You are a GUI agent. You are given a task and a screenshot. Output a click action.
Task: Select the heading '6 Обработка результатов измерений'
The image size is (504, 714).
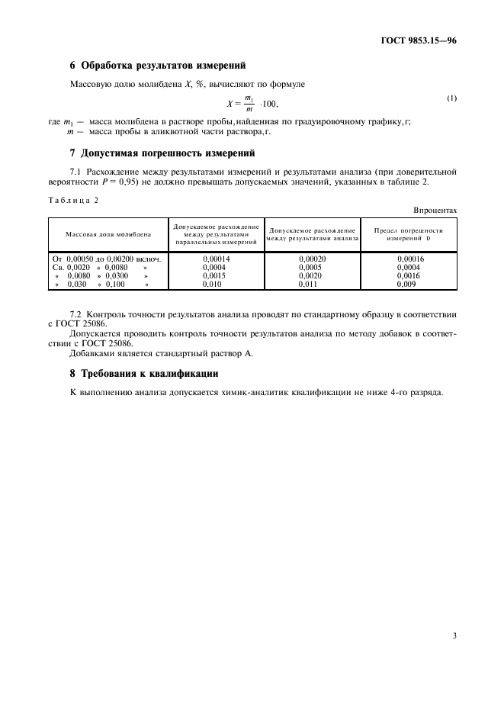coord(158,66)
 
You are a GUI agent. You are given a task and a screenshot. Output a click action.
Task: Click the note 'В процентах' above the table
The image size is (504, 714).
coord(435,209)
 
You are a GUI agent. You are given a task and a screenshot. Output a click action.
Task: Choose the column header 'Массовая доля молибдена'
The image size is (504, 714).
coord(108,234)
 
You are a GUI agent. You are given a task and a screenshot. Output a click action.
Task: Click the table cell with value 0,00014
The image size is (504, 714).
coord(217,259)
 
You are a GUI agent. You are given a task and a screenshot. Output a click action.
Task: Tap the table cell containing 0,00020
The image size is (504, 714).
coord(313,259)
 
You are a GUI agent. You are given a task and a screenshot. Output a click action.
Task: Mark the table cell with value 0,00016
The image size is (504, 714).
coord(410,259)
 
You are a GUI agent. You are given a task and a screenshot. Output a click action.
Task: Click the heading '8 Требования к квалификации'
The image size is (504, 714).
coord(144,374)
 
